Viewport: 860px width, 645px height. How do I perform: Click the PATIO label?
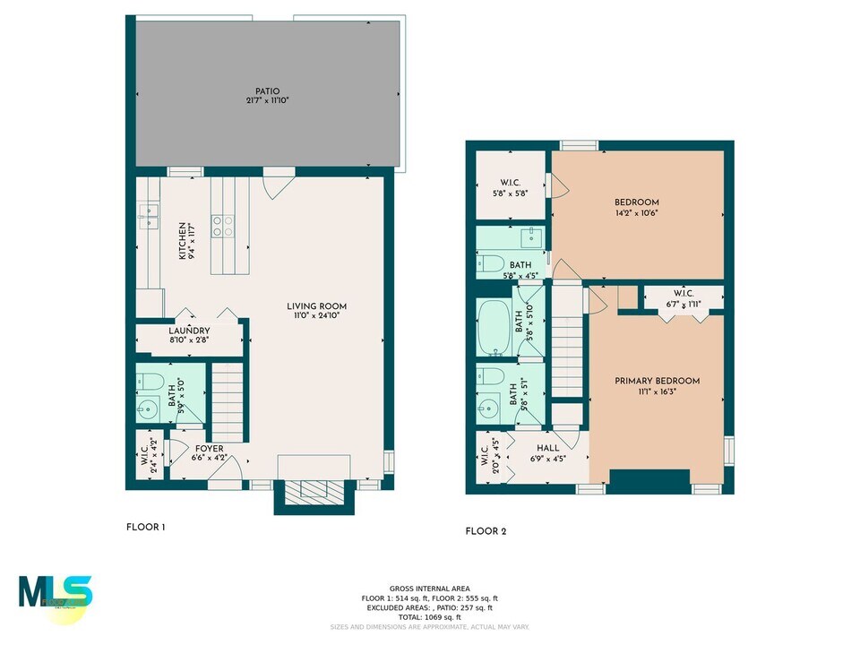coord(267,90)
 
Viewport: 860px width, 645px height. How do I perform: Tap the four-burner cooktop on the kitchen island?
coord(223,227)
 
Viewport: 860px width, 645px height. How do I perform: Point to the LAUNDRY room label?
coord(189,331)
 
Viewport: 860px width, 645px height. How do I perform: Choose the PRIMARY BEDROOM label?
coord(657,381)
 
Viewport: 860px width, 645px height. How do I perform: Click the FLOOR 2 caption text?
coord(486,531)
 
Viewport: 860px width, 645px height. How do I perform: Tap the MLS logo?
coord(56,593)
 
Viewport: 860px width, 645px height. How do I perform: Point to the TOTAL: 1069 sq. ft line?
coord(429,617)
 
